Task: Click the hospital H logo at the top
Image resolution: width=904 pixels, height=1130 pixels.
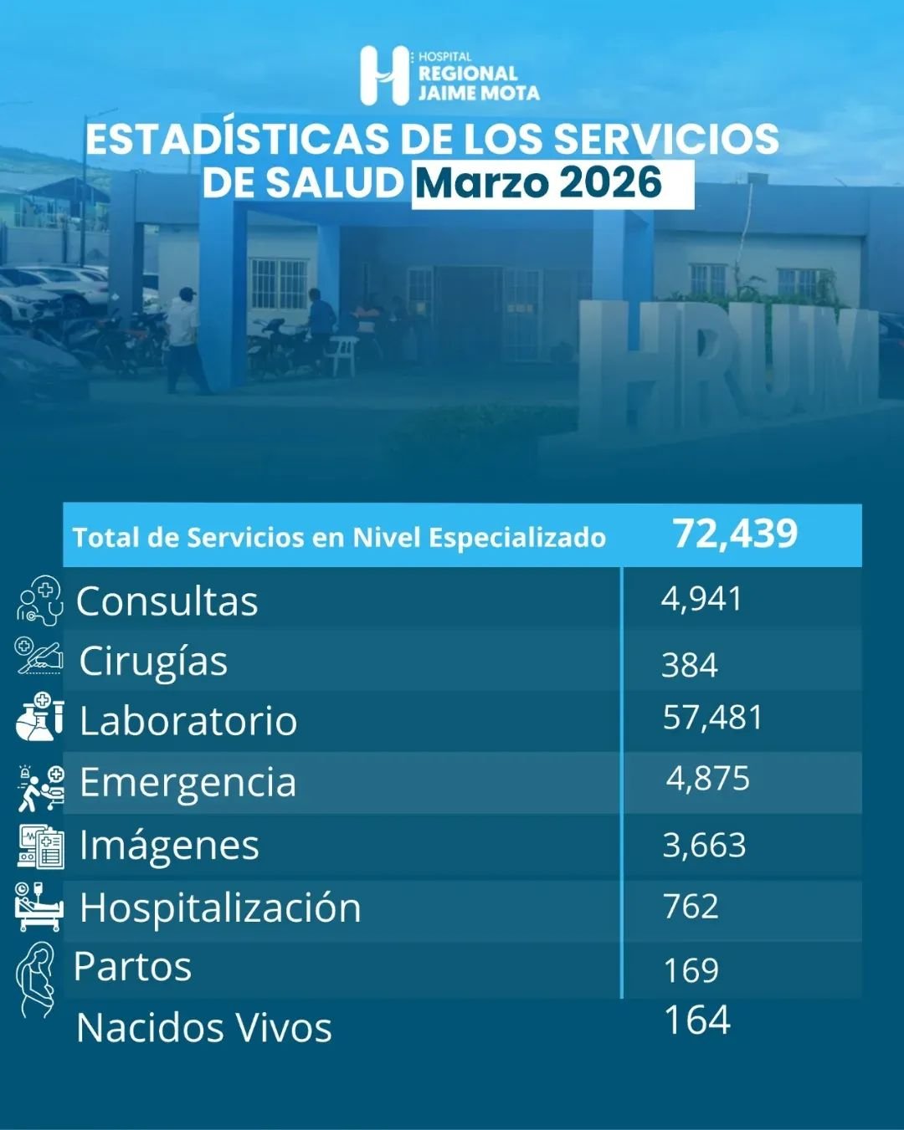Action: (x=384, y=75)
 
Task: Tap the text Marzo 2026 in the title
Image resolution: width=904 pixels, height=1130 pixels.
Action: (x=538, y=183)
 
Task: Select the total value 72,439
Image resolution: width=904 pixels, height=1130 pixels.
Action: (x=735, y=534)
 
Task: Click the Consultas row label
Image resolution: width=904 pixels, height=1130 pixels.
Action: (x=167, y=601)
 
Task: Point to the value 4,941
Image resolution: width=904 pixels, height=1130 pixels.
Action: (x=701, y=599)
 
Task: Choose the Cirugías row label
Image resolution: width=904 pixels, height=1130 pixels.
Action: (x=153, y=662)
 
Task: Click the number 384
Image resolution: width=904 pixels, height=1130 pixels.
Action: (x=690, y=666)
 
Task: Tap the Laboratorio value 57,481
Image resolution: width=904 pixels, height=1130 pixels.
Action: (x=712, y=718)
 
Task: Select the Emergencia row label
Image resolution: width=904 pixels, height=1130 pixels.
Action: (x=187, y=782)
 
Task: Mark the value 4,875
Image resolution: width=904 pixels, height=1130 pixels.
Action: (x=708, y=779)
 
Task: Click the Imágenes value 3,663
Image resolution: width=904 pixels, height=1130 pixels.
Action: (x=704, y=845)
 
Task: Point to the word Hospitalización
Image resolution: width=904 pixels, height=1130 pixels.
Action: (x=220, y=908)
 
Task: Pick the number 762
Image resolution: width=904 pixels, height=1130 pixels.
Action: (x=691, y=907)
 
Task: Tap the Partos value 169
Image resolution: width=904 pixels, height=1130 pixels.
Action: (x=691, y=970)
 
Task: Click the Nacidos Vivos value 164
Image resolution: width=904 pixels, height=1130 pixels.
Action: (x=696, y=1020)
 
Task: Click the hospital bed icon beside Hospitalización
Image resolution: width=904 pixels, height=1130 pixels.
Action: (x=39, y=907)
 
